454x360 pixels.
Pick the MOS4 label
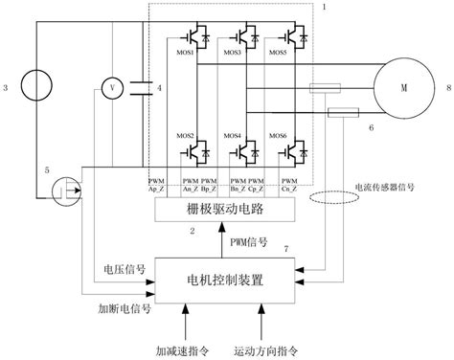pyautogui.click(x=233, y=136)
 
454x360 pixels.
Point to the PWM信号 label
pyautogui.click(x=251, y=243)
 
